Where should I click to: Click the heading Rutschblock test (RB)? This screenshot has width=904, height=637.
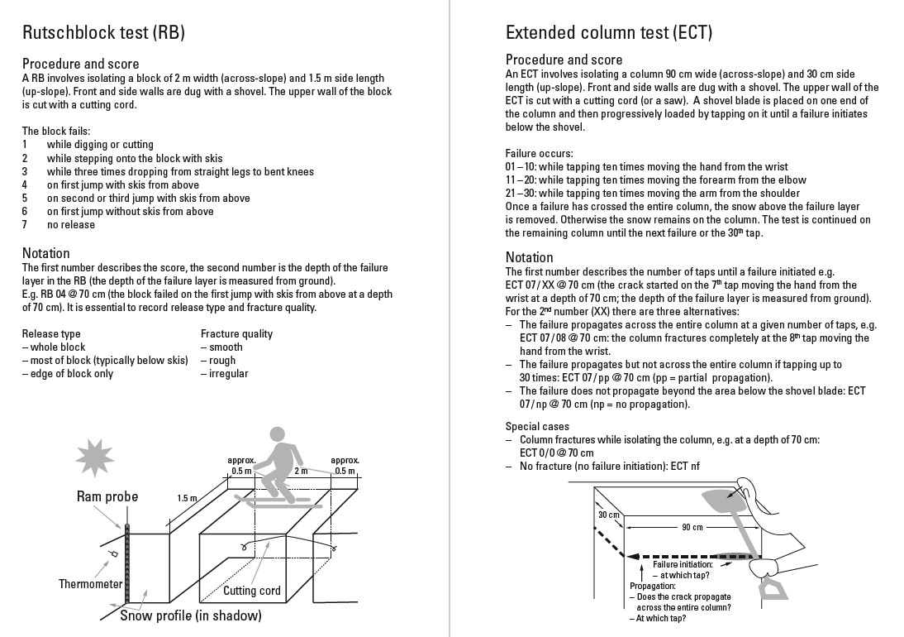coord(103,33)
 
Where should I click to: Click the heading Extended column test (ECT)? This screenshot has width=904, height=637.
coord(609,33)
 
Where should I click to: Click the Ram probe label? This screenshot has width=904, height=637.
coord(107,497)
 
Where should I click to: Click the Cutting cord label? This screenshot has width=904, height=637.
coord(252,591)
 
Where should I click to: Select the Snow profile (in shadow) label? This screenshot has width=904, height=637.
coord(191,615)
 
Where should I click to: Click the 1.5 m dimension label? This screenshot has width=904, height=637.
coord(188,499)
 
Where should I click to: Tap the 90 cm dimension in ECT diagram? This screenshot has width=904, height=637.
coord(692,527)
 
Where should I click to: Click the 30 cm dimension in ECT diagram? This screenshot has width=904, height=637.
coord(608,515)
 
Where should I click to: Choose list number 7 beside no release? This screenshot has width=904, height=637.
coord(25,224)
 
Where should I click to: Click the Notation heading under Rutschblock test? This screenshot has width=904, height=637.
coord(46,253)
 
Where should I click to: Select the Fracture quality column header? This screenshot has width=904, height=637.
coord(236,334)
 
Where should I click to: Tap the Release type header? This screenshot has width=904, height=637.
coord(51,334)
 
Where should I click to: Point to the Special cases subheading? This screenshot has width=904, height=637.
coord(538,427)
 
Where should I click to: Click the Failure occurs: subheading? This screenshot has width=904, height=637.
coord(539,154)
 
